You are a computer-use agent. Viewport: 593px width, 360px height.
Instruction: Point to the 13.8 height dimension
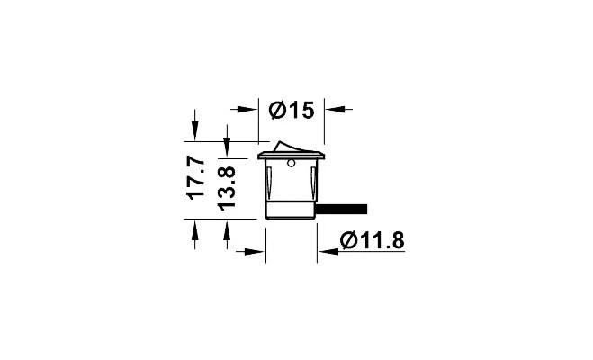[227, 186]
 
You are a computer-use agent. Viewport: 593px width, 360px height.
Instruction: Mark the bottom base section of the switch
[291, 211]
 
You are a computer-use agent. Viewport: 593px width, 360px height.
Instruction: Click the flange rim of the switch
[290, 157]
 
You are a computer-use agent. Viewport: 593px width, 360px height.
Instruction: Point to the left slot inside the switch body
[269, 184]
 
